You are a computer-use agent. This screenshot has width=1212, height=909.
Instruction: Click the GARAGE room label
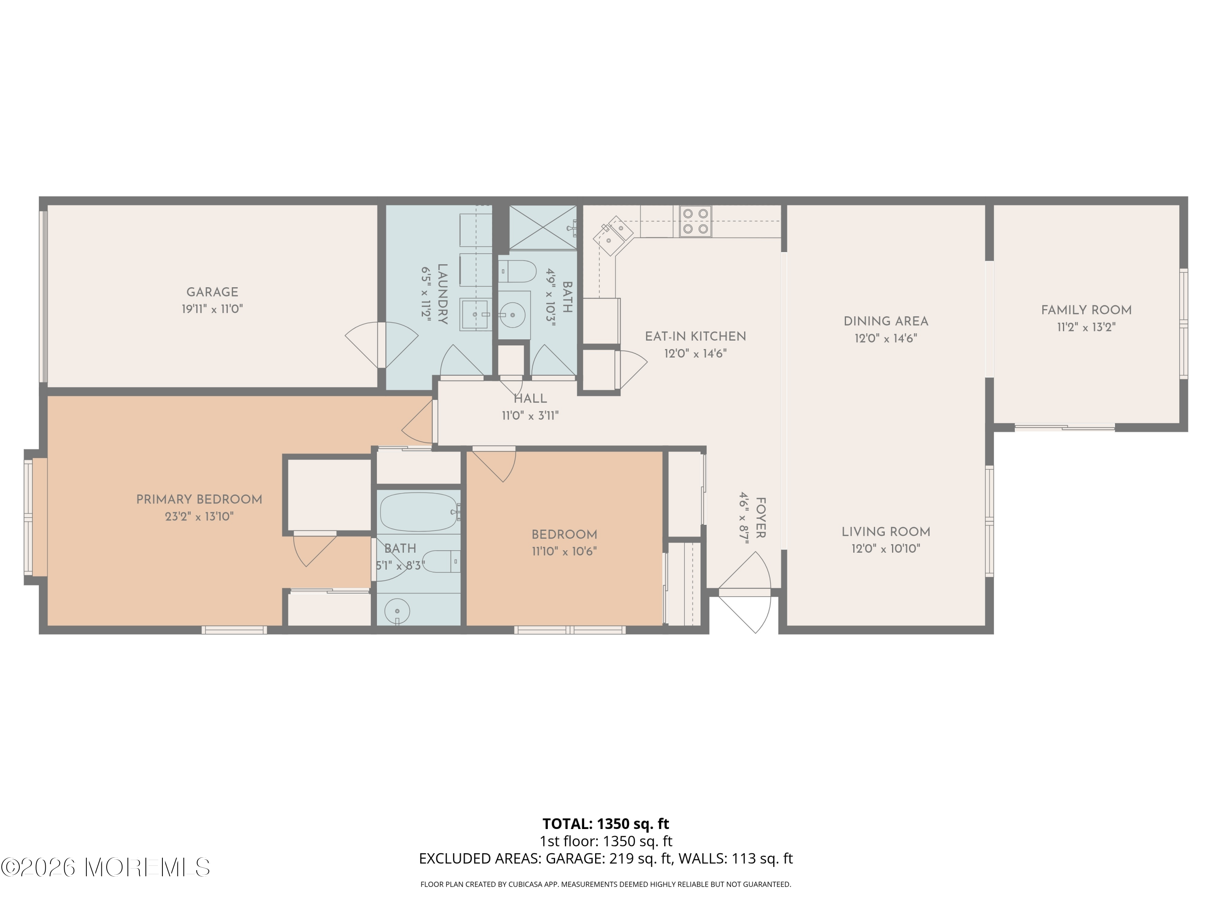[x=212, y=292]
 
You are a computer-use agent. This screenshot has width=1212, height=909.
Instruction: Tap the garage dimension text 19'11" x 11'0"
[x=212, y=309]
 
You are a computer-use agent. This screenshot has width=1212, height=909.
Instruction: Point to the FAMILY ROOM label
[x=1086, y=310]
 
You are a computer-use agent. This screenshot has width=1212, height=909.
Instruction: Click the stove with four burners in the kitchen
[x=695, y=221]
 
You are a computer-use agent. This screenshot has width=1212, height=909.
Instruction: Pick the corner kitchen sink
[x=614, y=236]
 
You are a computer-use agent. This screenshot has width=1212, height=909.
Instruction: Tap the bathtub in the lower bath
[x=419, y=512]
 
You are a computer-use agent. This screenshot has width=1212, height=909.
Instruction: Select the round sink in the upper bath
[x=512, y=315]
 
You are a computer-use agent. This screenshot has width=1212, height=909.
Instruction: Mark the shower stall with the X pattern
[x=543, y=227]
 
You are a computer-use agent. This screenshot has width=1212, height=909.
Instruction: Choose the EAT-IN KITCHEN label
[x=695, y=337]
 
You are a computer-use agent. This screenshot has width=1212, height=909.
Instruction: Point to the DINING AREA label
[x=886, y=322]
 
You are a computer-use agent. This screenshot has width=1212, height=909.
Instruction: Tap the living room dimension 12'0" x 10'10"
[x=886, y=549]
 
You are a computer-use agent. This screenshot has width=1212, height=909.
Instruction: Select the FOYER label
[x=760, y=518]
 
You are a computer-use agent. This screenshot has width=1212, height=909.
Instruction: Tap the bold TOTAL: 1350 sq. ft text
[x=606, y=823]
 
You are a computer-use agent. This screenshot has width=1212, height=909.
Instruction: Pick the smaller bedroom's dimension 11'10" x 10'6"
[x=564, y=551]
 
